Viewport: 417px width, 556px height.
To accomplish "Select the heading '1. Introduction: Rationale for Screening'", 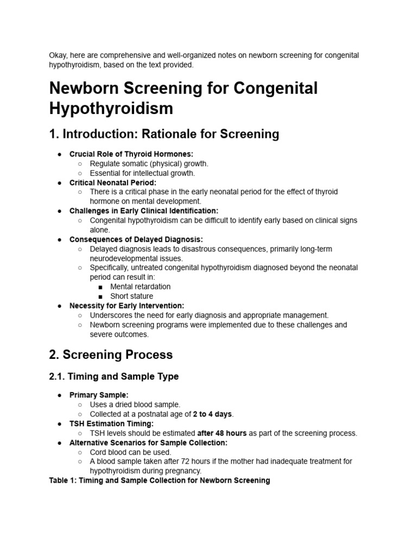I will point(163,134).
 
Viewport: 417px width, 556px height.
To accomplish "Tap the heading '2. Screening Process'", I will point(111,355).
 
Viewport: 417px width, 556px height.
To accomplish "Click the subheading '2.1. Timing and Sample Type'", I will point(113,376).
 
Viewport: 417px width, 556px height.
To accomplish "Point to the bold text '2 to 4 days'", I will point(213,414).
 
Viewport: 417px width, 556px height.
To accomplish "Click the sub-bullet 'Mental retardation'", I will point(140,287).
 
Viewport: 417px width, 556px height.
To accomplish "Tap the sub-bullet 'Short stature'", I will point(131,296).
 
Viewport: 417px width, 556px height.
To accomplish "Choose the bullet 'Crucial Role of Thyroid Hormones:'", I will point(131,154).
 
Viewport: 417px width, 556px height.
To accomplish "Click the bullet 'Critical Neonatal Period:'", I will point(112,182).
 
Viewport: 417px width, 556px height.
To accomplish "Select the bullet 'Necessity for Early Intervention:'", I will point(127,306).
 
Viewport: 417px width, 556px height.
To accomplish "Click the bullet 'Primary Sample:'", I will point(99,395).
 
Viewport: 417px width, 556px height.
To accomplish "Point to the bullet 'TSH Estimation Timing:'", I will point(111,424).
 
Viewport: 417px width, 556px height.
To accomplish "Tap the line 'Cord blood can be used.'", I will point(130,452).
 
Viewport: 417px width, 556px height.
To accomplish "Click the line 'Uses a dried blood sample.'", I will point(135,405).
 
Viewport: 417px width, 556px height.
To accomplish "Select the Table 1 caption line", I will point(159,481).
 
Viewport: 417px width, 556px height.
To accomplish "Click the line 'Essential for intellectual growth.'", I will point(142,173).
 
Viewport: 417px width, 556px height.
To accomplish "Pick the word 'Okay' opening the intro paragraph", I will point(58,55).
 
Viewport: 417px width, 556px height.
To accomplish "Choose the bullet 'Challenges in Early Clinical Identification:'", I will point(144,211).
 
